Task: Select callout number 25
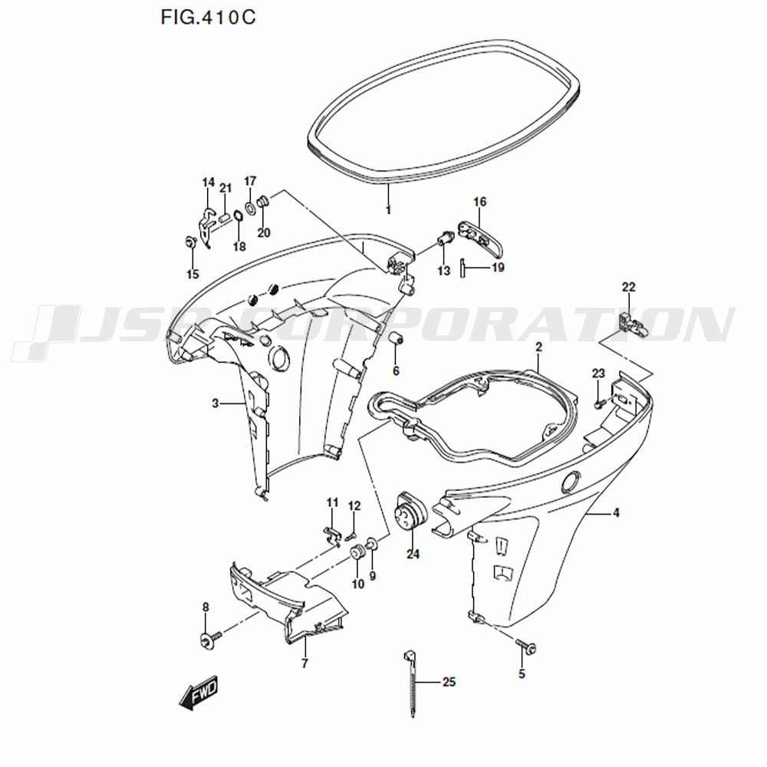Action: click(449, 682)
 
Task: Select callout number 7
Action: click(304, 663)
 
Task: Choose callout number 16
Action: click(479, 202)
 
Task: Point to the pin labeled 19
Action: click(464, 268)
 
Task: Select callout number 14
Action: click(208, 182)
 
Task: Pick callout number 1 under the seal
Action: click(388, 209)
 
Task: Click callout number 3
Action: click(216, 403)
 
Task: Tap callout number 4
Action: click(616, 513)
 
